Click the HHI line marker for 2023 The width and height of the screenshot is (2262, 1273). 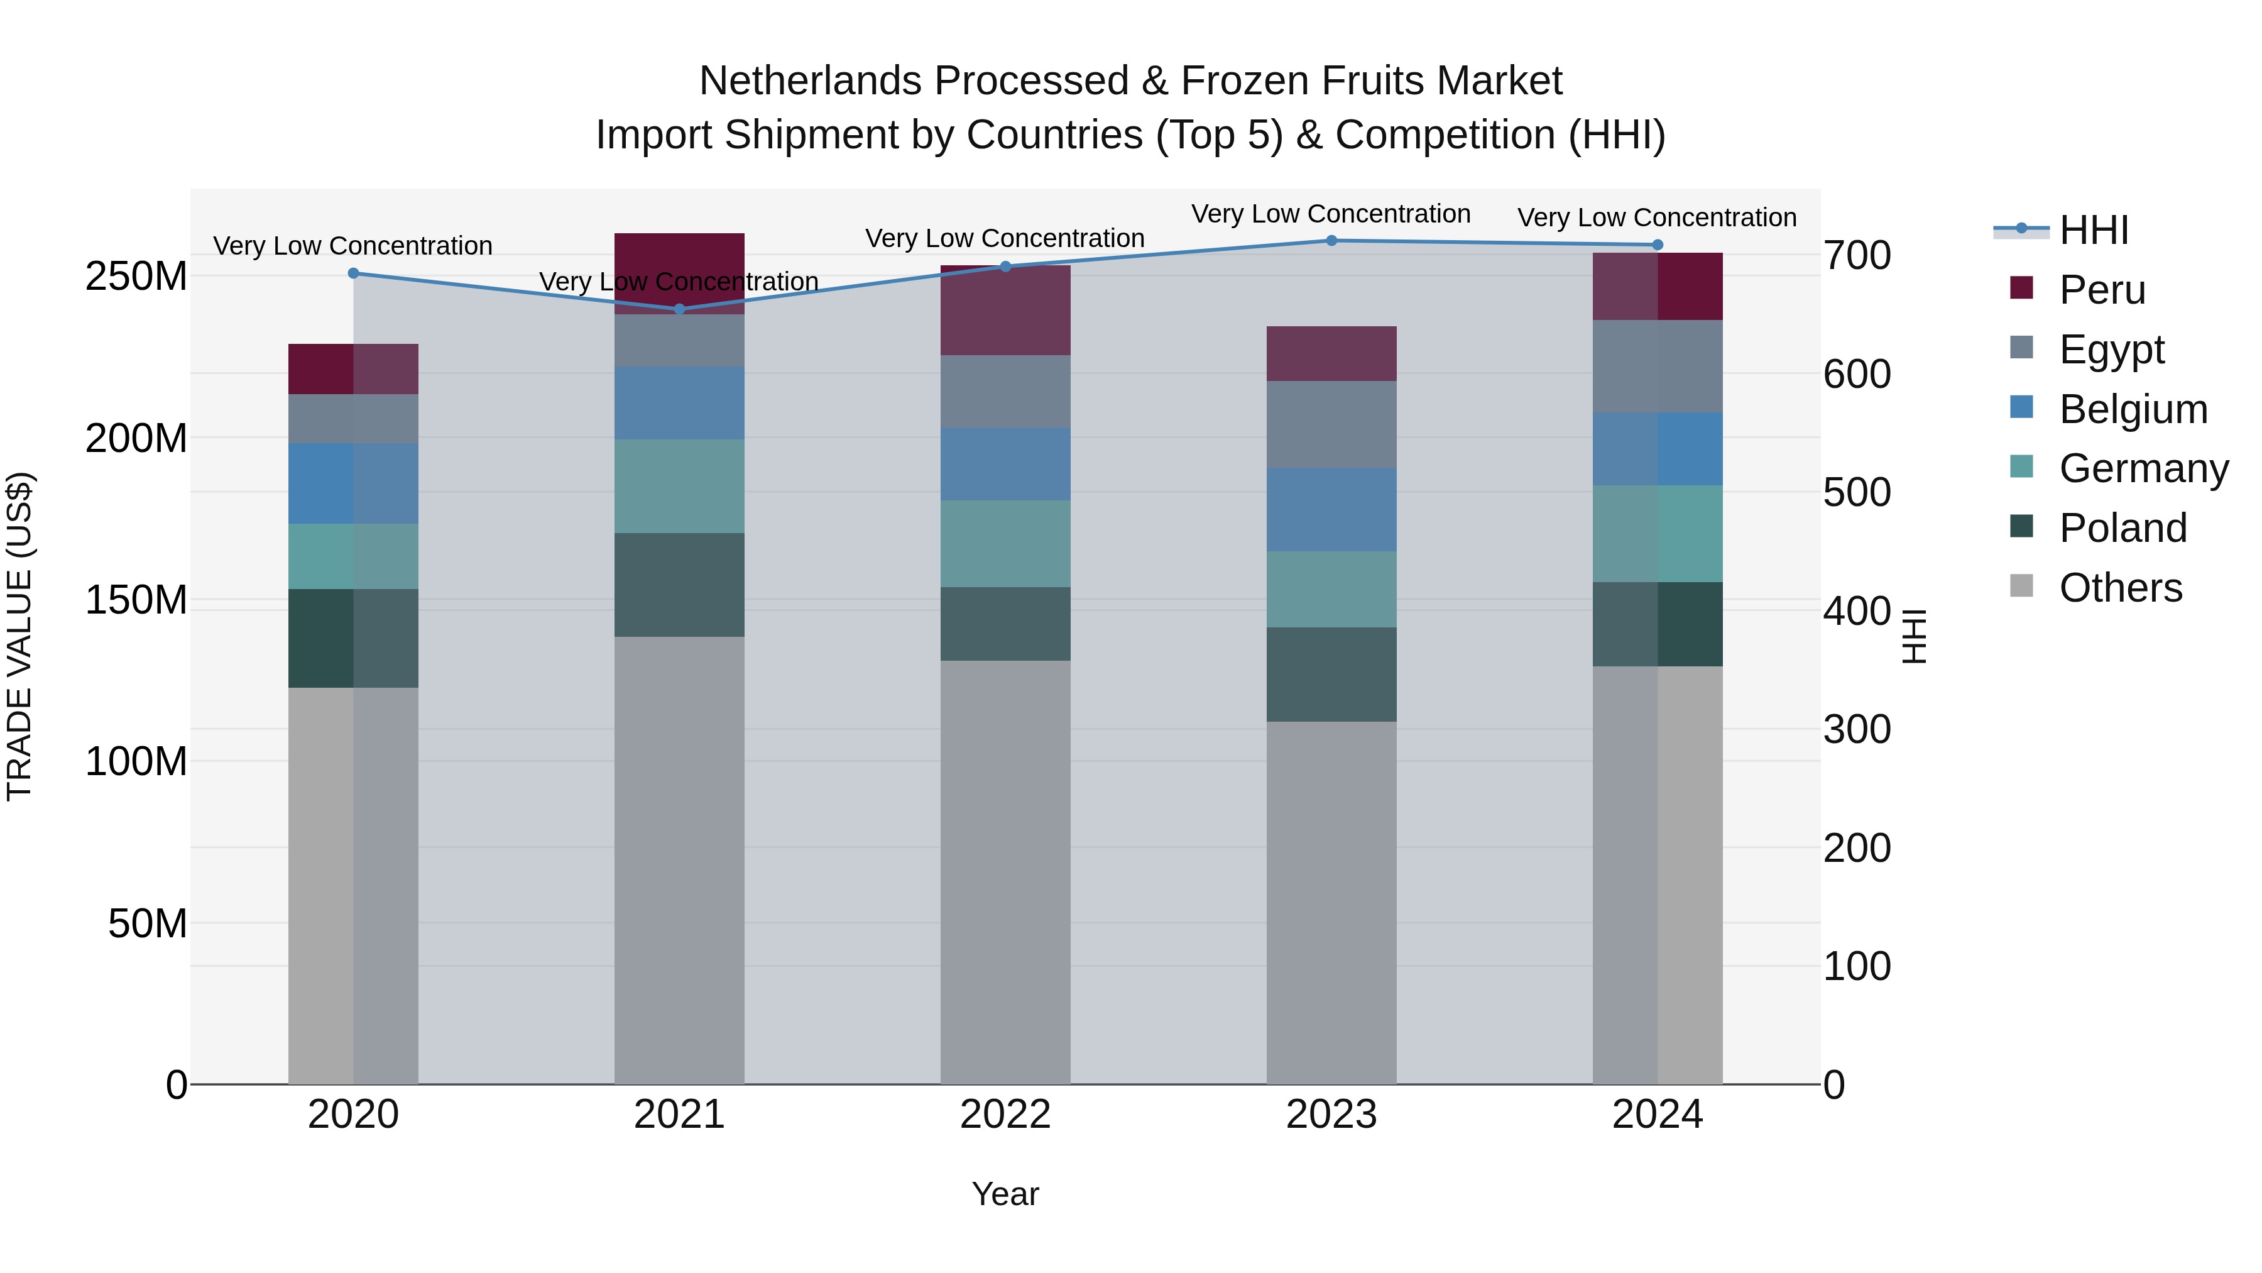pyautogui.click(x=1331, y=241)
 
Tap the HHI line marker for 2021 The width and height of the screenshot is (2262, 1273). pyautogui.click(x=679, y=309)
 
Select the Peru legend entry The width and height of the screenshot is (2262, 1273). pyautogui.click(x=2101, y=290)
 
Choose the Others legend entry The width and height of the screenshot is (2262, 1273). pyautogui.click(x=2120, y=588)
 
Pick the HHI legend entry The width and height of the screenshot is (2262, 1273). pyautogui.click(x=2094, y=230)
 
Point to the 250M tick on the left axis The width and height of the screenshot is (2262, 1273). pyautogui.click(x=136, y=277)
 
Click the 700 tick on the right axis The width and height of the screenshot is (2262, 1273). pyautogui.click(x=1856, y=256)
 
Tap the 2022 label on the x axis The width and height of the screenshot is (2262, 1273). pyautogui.click(x=1005, y=1115)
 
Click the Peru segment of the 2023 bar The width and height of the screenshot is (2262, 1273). pyautogui.click(x=1331, y=354)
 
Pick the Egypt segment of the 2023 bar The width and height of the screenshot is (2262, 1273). pyautogui.click(x=1331, y=424)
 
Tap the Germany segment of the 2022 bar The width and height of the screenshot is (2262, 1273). pyautogui.click(x=1005, y=544)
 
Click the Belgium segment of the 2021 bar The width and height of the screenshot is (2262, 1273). pyautogui.click(x=679, y=402)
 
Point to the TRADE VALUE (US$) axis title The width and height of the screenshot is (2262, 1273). pyautogui.click(x=19, y=636)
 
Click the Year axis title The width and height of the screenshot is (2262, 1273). pyautogui.click(x=1005, y=1194)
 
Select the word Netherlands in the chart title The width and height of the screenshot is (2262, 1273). pyautogui.click(x=813, y=81)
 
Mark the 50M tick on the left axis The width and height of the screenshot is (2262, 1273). pyautogui.click(x=148, y=923)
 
